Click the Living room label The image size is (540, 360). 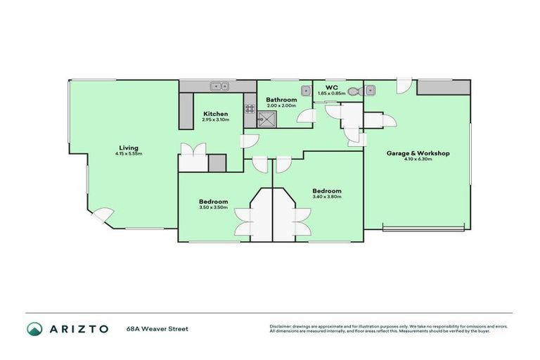(128, 148)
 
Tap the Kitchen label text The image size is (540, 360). (215, 113)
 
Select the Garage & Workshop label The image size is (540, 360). (418, 153)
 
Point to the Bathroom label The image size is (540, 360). (281, 100)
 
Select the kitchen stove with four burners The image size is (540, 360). (250, 109)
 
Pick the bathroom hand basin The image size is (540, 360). (306, 90)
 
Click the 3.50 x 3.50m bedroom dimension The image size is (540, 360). (213, 207)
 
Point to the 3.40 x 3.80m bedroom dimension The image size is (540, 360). (327, 197)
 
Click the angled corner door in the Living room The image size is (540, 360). (102, 215)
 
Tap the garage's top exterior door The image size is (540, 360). (404, 87)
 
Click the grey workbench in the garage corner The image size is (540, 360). (443, 87)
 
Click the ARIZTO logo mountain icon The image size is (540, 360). (34, 329)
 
